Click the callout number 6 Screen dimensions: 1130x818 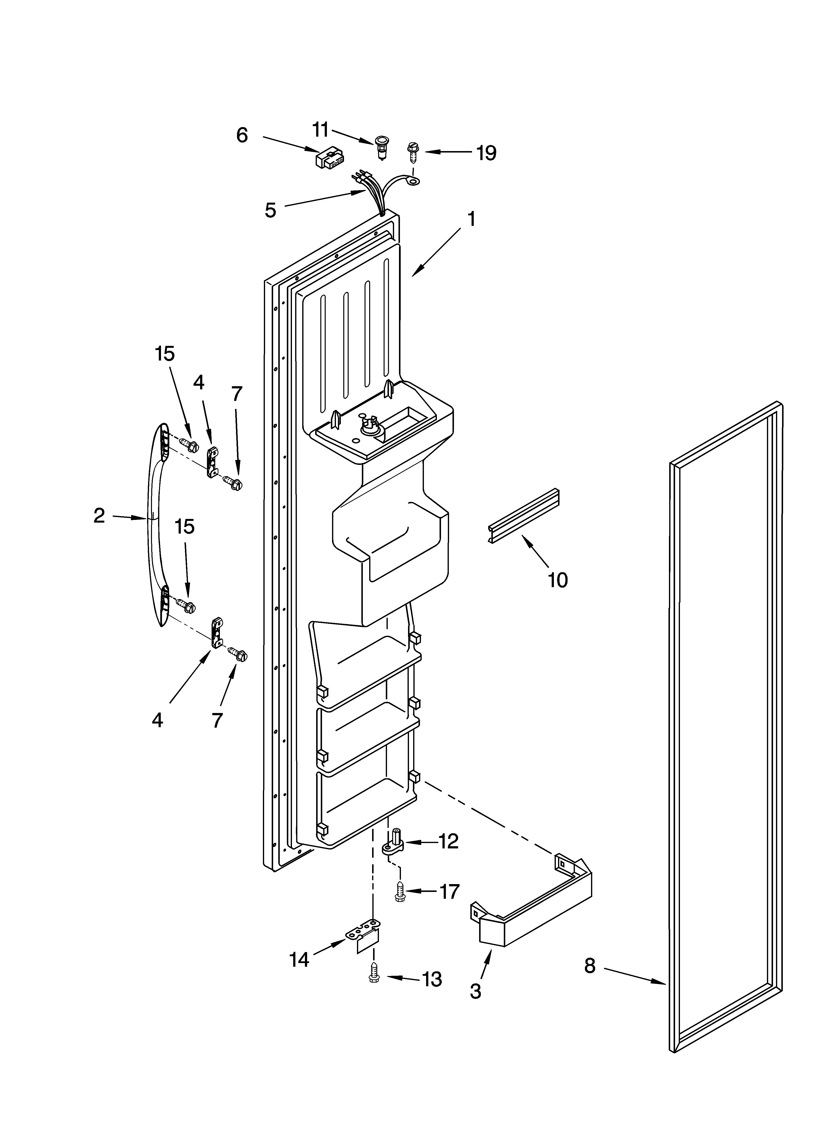242,135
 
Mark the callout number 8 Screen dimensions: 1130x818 590,966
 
